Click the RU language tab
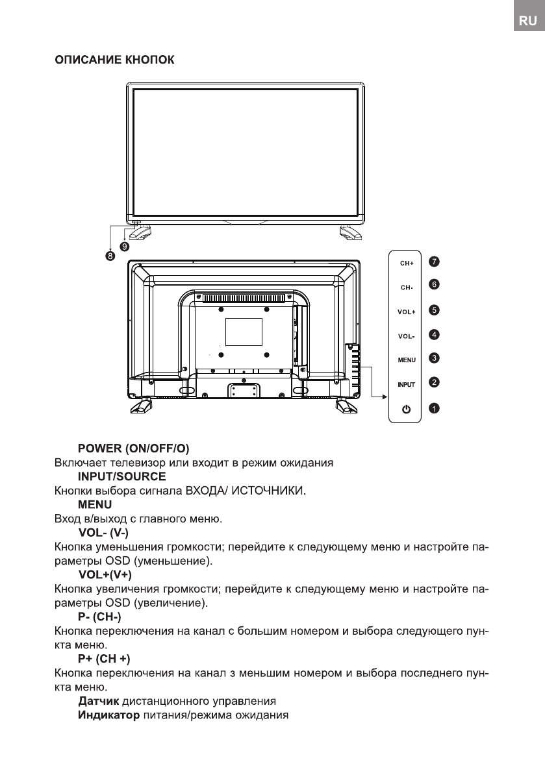(527, 21)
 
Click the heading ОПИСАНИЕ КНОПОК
(113, 60)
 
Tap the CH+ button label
(407, 264)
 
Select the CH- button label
(407, 287)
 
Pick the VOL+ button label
(407, 312)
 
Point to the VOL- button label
(407, 336)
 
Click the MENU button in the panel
(407, 360)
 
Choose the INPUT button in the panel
(407, 384)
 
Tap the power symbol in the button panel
(407, 408)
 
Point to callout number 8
(110, 256)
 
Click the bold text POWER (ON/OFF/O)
(129, 448)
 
